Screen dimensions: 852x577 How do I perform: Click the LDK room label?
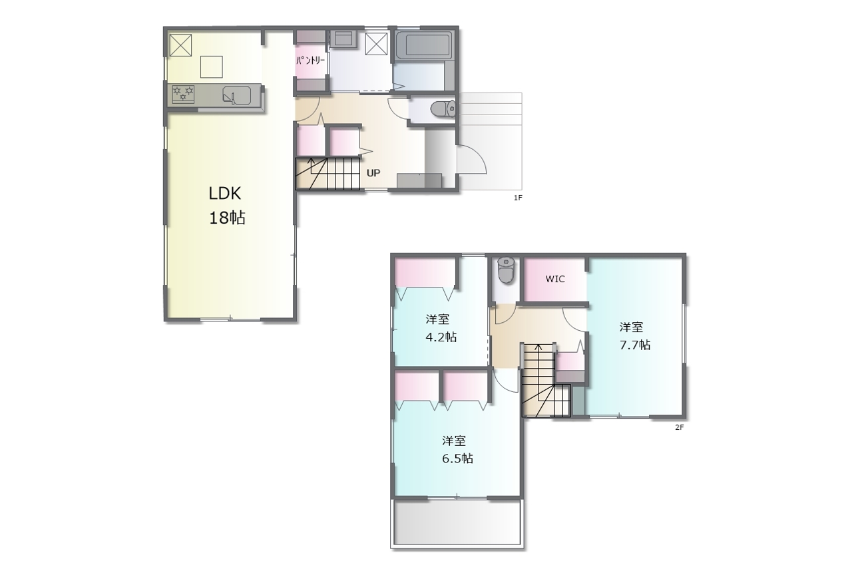point(225,194)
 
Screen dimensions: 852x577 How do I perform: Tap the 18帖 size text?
point(227,218)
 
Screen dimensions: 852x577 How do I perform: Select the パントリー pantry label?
point(310,61)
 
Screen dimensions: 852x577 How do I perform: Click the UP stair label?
point(373,173)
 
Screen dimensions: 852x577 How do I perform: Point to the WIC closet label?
point(555,279)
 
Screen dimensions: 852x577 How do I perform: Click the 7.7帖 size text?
point(635,345)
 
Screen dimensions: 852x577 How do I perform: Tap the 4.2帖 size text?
point(441,337)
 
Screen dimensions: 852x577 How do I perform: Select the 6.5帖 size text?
point(457,459)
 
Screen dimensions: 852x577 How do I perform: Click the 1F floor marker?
point(518,198)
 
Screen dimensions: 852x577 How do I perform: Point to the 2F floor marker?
point(680,427)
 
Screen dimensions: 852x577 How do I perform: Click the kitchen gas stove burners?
point(183,94)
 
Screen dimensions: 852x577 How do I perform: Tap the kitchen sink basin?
point(236,95)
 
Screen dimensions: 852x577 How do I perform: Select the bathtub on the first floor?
point(424,46)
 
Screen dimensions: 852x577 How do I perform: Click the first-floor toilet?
point(443,108)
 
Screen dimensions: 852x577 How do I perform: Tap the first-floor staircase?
point(327,174)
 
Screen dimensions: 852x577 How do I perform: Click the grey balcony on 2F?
point(457,522)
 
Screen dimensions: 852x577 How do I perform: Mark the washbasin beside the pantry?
point(343,39)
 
